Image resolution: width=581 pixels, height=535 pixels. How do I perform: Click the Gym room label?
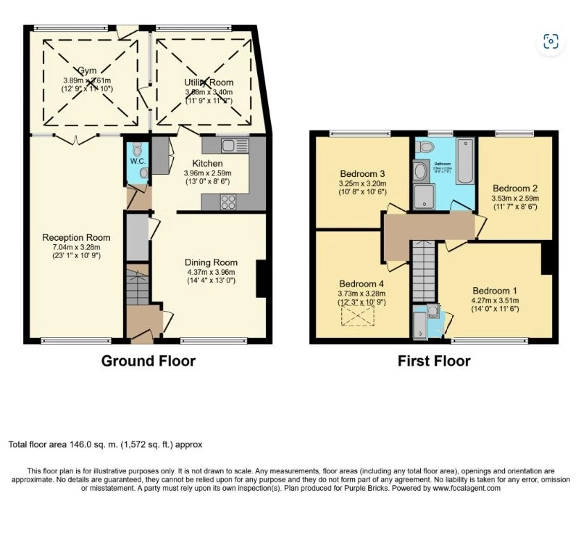point(87,70)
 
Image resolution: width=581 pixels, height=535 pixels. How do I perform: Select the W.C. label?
point(138,161)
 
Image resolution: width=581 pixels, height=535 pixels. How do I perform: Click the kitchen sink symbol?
point(235,145)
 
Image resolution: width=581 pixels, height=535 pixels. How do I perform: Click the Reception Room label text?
point(76,237)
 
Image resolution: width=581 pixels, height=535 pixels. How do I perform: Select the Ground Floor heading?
point(148,361)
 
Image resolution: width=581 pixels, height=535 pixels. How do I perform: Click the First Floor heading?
point(434,361)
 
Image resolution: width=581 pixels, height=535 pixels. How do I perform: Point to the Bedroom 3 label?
point(362,174)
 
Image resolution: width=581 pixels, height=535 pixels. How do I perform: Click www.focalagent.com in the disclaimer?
point(467,489)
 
